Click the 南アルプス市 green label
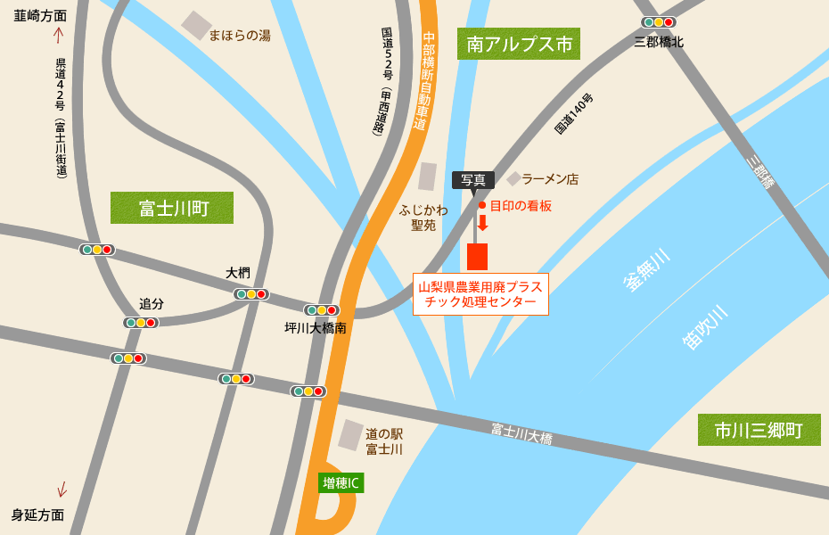(x=519, y=44)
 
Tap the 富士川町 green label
(x=172, y=208)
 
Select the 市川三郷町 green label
(x=759, y=431)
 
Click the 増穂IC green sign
(x=341, y=483)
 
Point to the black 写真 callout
(x=473, y=179)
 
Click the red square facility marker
(x=478, y=256)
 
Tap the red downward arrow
(x=482, y=223)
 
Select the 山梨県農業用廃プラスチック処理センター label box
(x=480, y=294)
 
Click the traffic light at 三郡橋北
(x=659, y=22)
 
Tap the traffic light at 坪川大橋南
(x=322, y=310)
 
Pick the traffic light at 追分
(x=141, y=323)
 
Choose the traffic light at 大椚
(x=251, y=294)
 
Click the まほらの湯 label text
(x=240, y=36)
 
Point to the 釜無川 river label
(x=647, y=269)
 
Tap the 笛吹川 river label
(x=705, y=326)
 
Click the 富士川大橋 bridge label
(x=521, y=434)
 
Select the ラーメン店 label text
(x=550, y=179)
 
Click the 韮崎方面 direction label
(x=40, y=15)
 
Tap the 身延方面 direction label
(x=37, y=514)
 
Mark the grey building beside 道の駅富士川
(x=350, y=435)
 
